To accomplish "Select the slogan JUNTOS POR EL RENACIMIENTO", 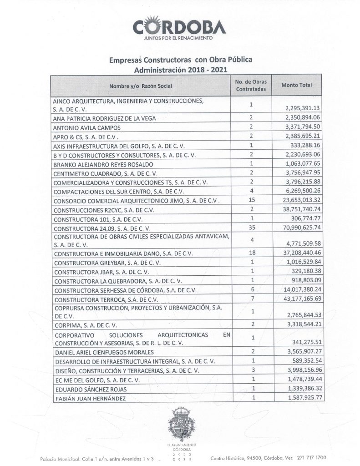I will [x=178, y=39].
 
